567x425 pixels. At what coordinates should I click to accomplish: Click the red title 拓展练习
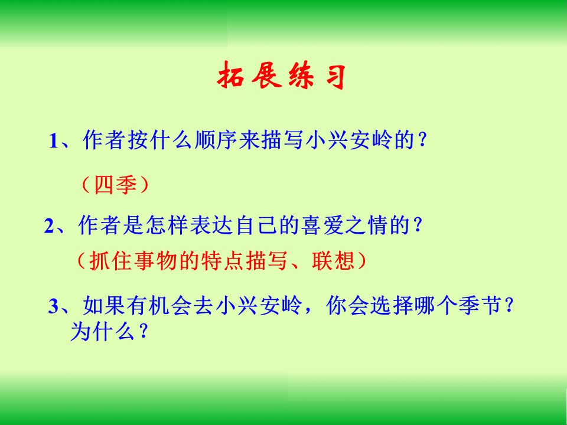(282, 77)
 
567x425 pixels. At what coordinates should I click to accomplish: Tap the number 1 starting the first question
(54, 142)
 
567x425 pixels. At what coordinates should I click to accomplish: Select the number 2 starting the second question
(49, 226)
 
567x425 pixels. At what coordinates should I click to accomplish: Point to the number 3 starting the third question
(54, 307)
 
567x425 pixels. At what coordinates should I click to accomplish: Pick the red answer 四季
(115, 185)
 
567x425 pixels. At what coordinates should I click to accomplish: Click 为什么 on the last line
(98, 332)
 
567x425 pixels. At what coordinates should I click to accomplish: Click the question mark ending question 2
(419, 226)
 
